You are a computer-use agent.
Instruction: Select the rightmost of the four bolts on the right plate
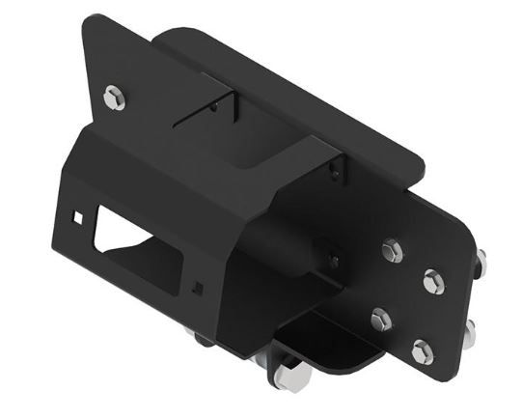(x=433, y=283)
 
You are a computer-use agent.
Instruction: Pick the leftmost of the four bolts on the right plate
(x=379, y=319)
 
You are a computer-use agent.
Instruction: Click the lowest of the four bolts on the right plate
(x=422, y=351)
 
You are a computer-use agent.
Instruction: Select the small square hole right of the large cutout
(x=197, y=286)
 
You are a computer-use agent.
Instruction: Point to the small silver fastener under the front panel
(x=199, y=337)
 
